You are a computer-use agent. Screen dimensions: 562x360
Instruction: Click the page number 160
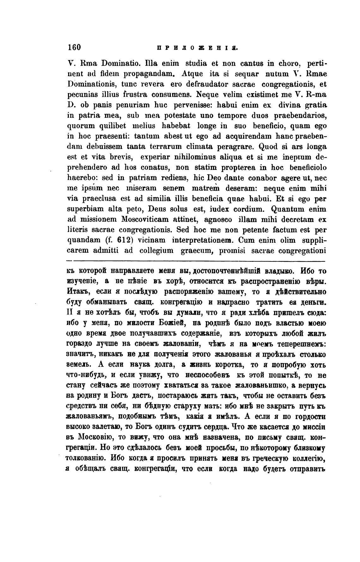75,47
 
